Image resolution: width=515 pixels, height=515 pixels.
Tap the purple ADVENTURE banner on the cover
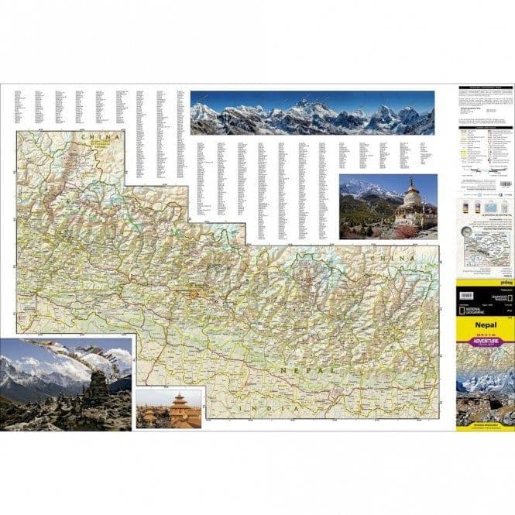[x=486, y=341]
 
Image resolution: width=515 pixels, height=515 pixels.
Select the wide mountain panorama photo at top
[x=312, y=113]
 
